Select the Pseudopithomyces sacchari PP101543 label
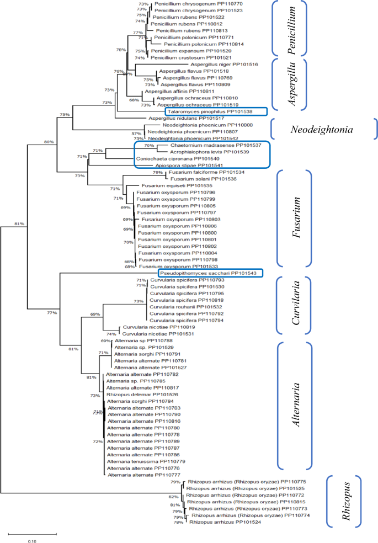[210, 273]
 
